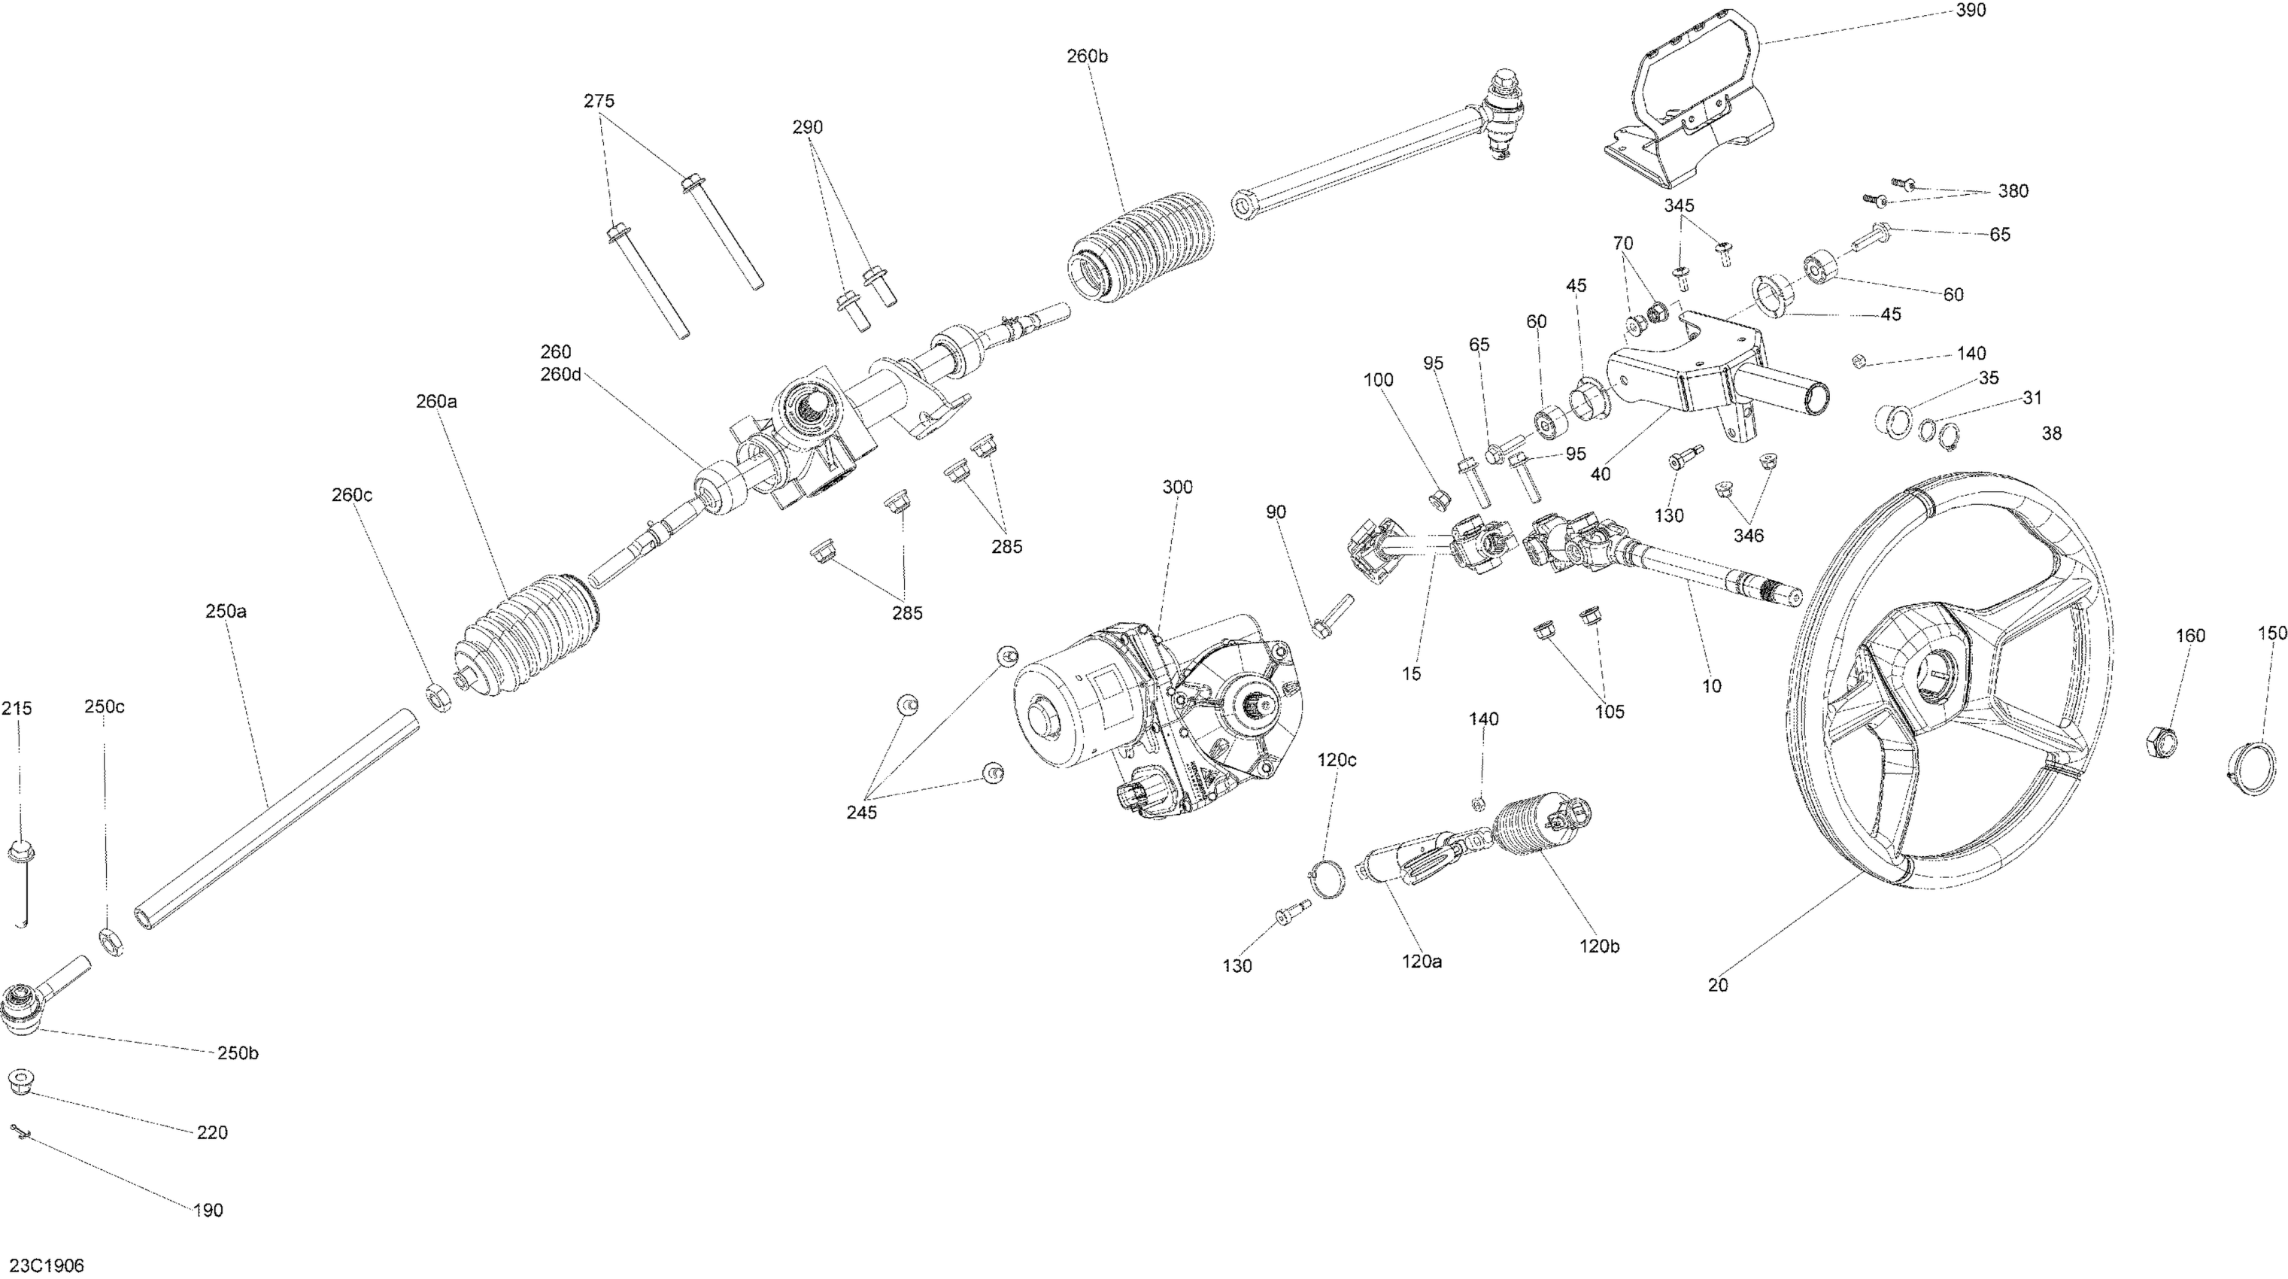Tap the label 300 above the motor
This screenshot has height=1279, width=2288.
click(1178, 487)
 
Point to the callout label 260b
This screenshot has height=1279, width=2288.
click(1087, 56)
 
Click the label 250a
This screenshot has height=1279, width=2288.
click(226, 611)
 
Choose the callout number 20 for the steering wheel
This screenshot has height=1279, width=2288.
click(1718, 985)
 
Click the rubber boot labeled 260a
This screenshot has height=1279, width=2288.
click(526, 636)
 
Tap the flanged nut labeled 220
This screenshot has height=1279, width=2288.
click(19, 1083)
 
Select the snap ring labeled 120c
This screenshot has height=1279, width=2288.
click(1325, 880)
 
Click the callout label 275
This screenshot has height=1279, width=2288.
click(599, 102)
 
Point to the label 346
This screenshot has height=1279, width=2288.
click(1748, 536)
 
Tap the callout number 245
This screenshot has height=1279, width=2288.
click(860, 813)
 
